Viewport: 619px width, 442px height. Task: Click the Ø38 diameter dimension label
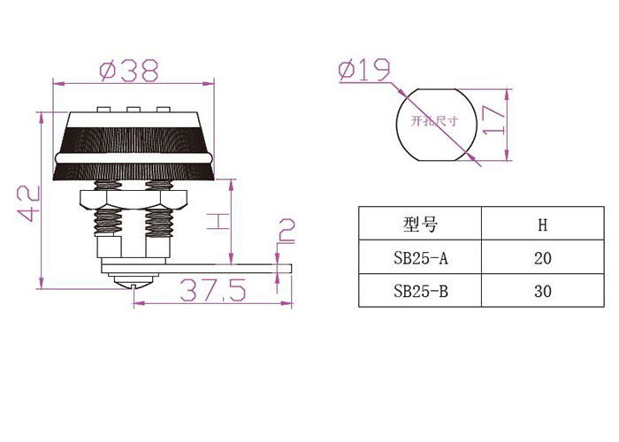(129, 70)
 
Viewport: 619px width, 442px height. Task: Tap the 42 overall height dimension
(28, 203)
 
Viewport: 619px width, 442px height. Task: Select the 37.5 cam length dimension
(213, 290)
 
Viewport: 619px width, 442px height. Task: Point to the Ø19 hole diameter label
(364, 70)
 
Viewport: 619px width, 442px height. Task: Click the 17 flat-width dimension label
(493, 120)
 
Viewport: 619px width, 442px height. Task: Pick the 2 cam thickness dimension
(287, 231)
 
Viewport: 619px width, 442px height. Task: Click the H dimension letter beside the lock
(218, 221)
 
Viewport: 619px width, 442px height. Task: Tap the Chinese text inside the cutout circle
(434, 120)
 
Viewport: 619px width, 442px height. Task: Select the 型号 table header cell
(420, 225)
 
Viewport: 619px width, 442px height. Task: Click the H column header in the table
(543, 225)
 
